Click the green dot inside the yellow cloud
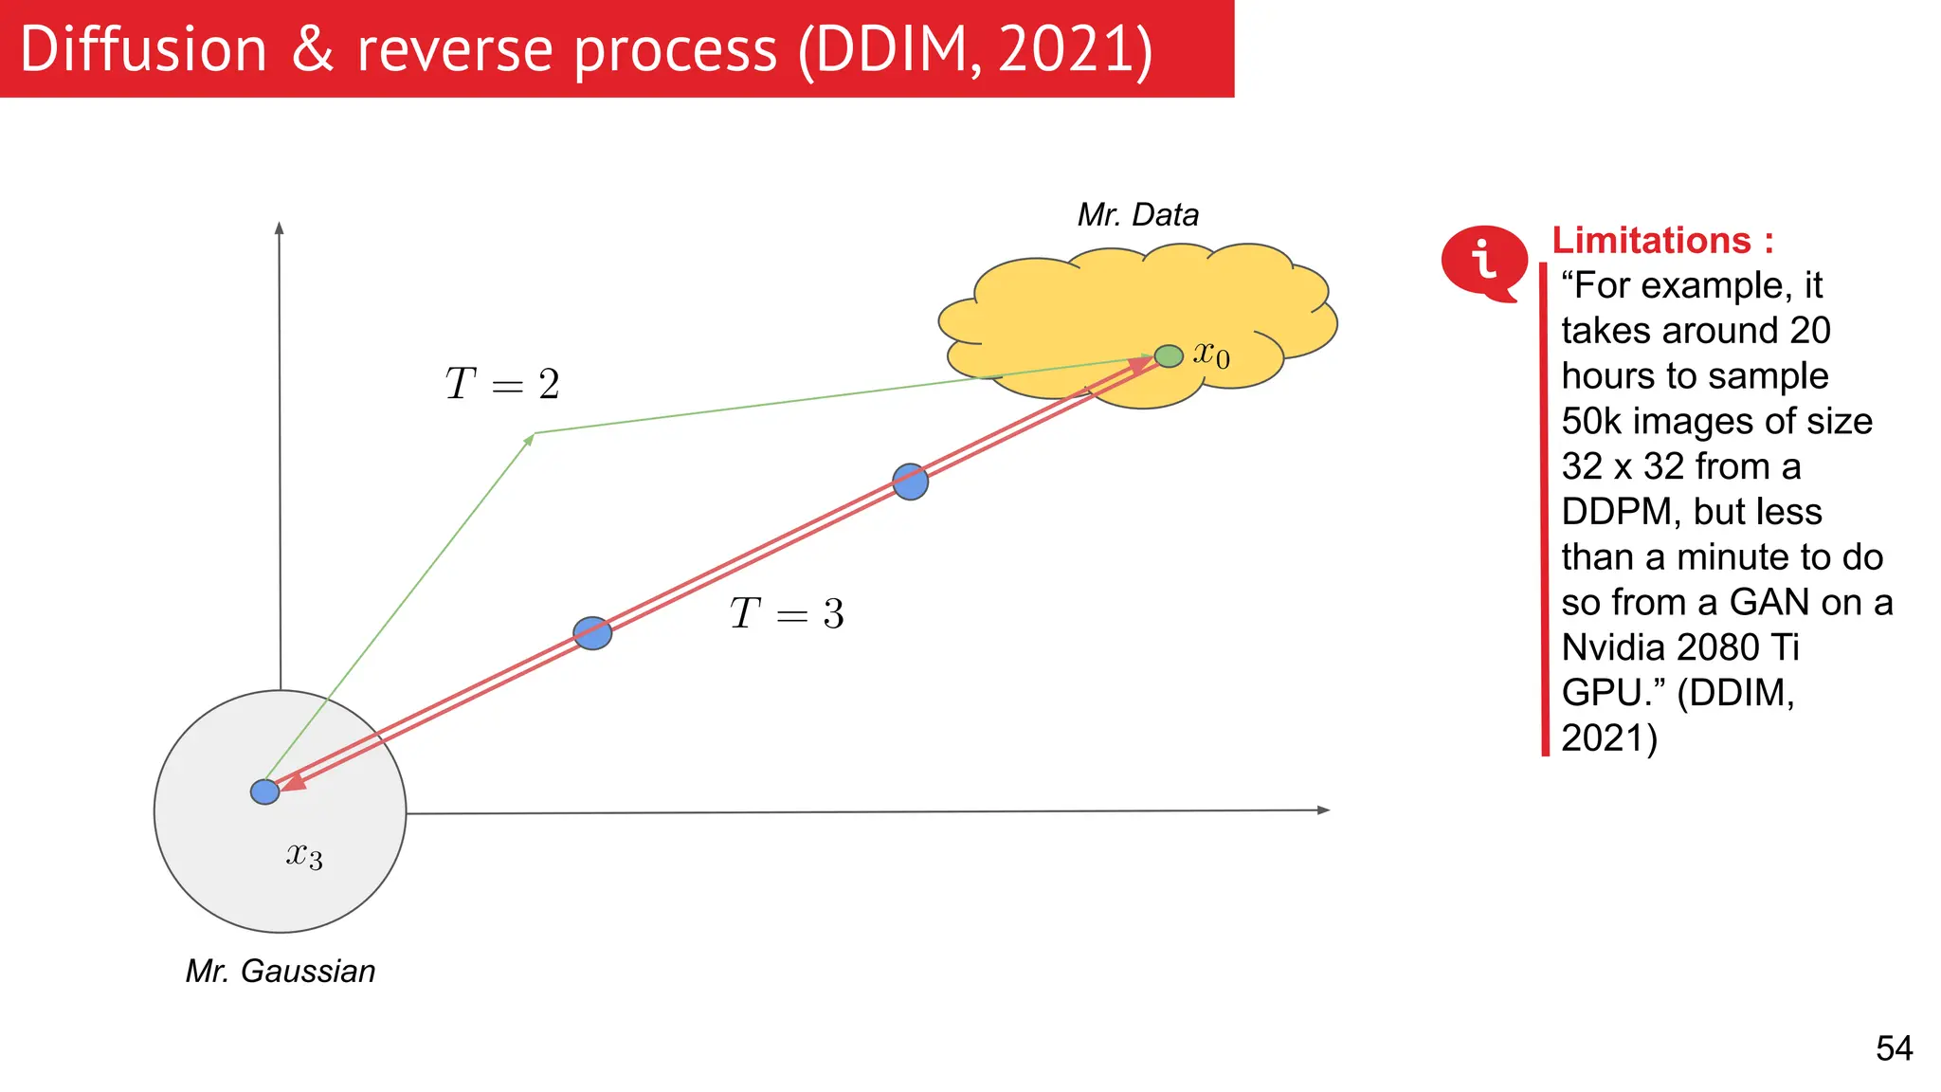(1169, 356)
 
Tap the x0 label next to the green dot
(1211, 355)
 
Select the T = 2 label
(502, 384)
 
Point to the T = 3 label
(787, 613)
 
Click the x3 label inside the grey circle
(304, 856)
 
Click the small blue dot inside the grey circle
(264, 792)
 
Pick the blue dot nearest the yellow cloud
(910, 482)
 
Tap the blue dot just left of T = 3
(592, 632)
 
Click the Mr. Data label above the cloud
(1137, 215)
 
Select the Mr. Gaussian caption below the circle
(281, 972)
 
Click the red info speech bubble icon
(1483, 261)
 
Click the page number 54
(1894, 1048)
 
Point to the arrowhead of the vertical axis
(279, 228)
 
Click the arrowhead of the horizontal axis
(1324, 810)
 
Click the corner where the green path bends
(535, 434)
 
